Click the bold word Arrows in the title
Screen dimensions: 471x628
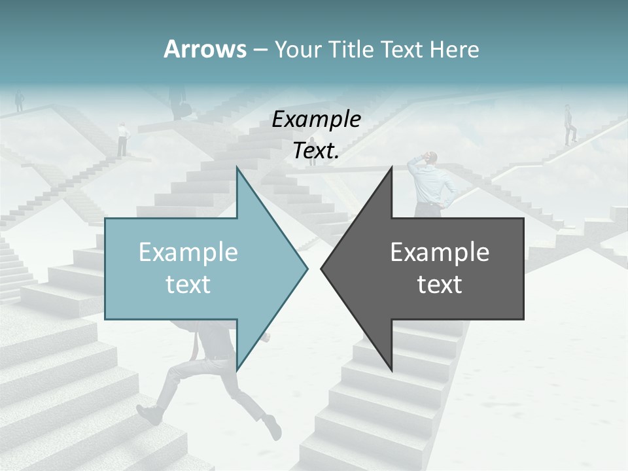205,49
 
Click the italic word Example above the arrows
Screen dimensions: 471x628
316,119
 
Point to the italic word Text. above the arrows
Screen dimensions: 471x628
316,151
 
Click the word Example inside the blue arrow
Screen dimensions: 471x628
188,253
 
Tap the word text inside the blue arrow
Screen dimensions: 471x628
188,285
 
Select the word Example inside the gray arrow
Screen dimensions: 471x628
440,253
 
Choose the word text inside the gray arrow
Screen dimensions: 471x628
440,285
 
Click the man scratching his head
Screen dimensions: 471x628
432,183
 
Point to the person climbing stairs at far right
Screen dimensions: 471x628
570,126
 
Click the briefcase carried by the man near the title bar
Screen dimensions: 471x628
185,109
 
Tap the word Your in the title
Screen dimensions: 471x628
296,50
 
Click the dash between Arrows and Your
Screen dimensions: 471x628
260,50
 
